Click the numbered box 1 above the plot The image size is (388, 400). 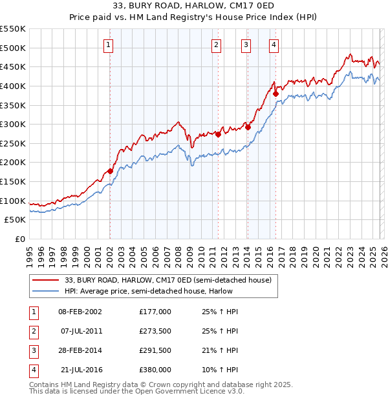point(107,45)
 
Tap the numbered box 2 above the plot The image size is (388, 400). point(215,45)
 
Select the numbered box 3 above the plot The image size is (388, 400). point(246,45)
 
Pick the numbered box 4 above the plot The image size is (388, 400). point(274,45)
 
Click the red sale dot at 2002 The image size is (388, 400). point(110,171)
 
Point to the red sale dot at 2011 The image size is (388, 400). point(218,134)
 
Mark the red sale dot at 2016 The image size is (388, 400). point(275,94)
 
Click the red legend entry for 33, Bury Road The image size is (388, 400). point(171,280)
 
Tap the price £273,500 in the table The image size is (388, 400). point(155,331)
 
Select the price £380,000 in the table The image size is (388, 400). point(155,370)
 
